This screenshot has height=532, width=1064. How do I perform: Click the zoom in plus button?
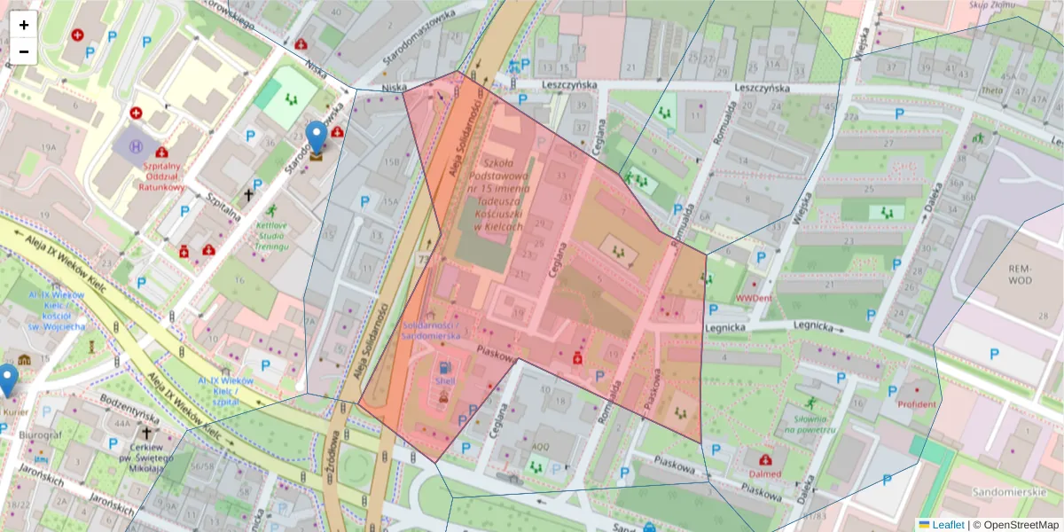[24, 25]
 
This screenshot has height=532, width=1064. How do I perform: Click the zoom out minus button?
[24, 51]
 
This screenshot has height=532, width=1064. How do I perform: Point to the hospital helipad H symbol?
[136, 146]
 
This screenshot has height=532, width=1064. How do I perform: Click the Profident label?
[917, 404]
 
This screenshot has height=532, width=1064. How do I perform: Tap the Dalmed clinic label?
[765, 473]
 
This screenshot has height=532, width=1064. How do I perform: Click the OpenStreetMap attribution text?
[1016, 525]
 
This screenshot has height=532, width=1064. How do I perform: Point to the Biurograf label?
[44, 436]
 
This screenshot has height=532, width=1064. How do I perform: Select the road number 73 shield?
[424, 257]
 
